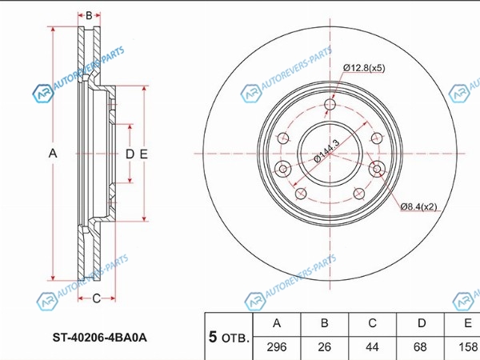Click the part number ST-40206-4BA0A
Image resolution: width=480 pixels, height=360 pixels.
pyautogui.click(x=99, y=338)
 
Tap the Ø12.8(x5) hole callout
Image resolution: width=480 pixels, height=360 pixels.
pyautogui.click(x=364, y=68)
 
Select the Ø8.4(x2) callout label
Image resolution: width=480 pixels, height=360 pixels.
pyautogui.click(x=418, y=206)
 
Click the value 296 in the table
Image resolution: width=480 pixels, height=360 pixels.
pyautogui.click(x=277, y=347)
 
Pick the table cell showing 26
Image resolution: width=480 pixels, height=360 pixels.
pyautogui.click(x=324, y=347)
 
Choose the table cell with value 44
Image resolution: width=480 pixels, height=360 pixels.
pyautogui.click(x=372, y=347)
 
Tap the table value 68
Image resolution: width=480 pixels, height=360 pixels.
pyautogui.click(x=420, y=347)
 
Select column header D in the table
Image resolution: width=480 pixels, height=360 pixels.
pyautogui.click(x=422, y=323)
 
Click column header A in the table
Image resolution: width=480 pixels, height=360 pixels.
pyautogui.click(x=277, y=323)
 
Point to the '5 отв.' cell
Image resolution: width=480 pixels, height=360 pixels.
pyautogui.click(x=229, y=337)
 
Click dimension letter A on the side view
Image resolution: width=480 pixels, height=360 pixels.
pyautogui.click(x=53, y=153)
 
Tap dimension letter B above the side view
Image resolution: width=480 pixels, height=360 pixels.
pyautogui.click(x=89, y=15)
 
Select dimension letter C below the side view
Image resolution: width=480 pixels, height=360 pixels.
pyautogui.click(x=97, y=298)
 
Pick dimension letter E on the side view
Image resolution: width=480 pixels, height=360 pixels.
pyautogui.click(x=143, y=154)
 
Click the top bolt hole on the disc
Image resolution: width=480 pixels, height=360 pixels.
pyautogui.click(x=330, y=104)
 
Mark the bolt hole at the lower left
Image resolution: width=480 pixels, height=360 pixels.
pyautogui.click(x=301, y=194)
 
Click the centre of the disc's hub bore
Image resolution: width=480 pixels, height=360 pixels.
pyautogui.click(x=330, y=154)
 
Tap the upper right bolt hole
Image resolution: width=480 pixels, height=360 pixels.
pyautogui.click(x=377, y=138)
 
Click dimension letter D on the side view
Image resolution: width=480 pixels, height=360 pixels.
pyautogui.click(x=130, y=154)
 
